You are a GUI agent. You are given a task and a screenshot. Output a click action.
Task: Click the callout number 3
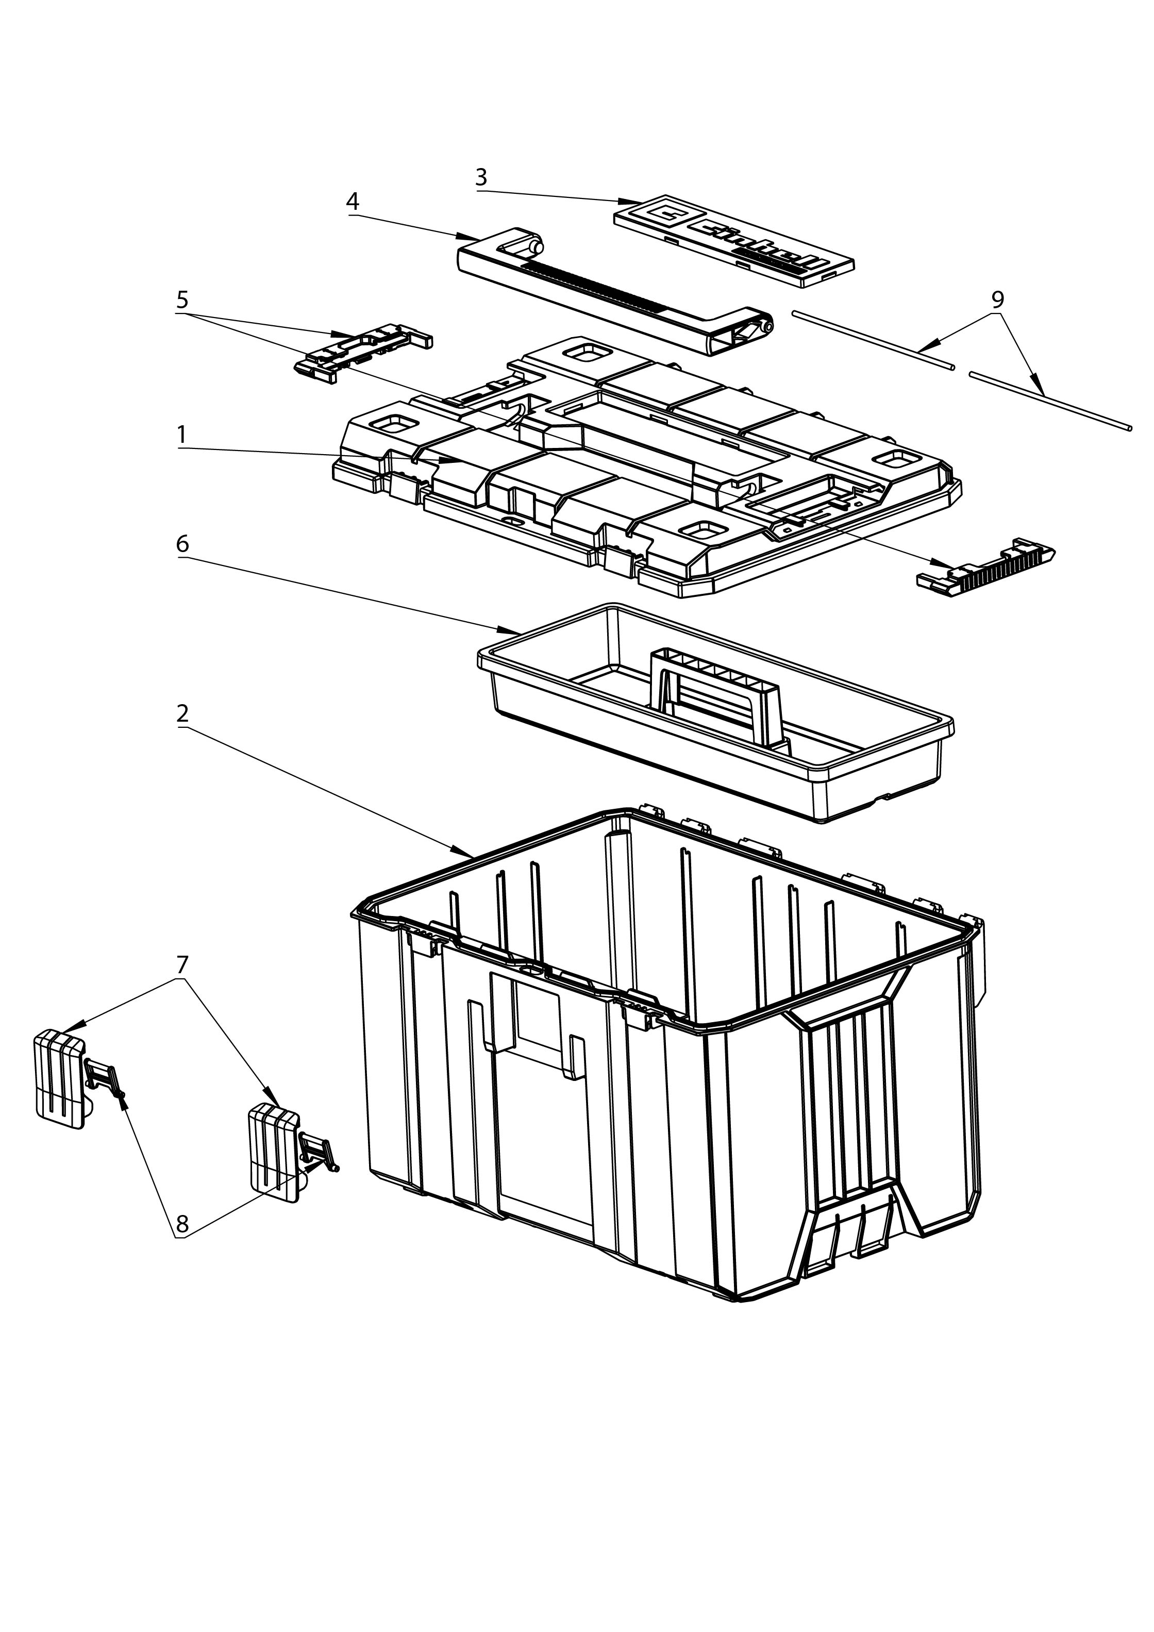click(481, 177)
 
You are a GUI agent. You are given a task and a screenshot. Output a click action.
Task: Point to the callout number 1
click(182, 434)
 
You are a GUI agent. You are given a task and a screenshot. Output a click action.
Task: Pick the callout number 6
click(182, 544)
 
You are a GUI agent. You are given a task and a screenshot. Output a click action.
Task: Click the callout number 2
click(182, 713)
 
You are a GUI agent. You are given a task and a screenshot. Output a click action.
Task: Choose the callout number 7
click(182, 964)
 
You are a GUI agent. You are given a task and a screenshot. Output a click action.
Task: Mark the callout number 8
click(182, 1224)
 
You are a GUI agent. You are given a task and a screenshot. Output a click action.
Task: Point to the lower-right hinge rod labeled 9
click(1050, 399)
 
